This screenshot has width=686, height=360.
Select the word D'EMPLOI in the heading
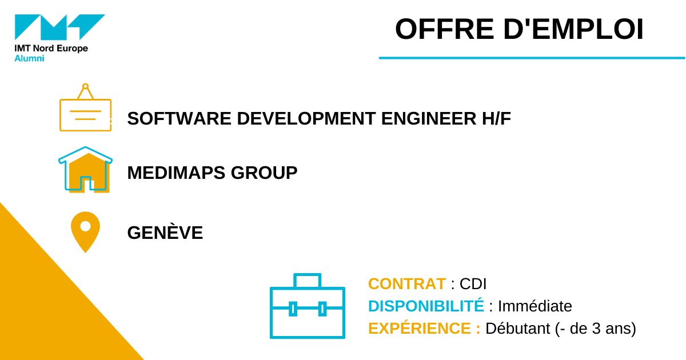point(572,30)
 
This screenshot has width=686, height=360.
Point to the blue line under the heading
point(532,58)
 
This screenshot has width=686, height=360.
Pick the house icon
point(86,169)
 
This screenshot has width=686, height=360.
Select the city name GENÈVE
point(165,233)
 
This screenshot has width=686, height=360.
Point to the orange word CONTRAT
point(406,283)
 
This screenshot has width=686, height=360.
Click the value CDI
point(473,283)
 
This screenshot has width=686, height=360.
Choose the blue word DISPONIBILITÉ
point(426,306)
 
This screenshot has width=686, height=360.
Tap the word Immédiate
point(535,306)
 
